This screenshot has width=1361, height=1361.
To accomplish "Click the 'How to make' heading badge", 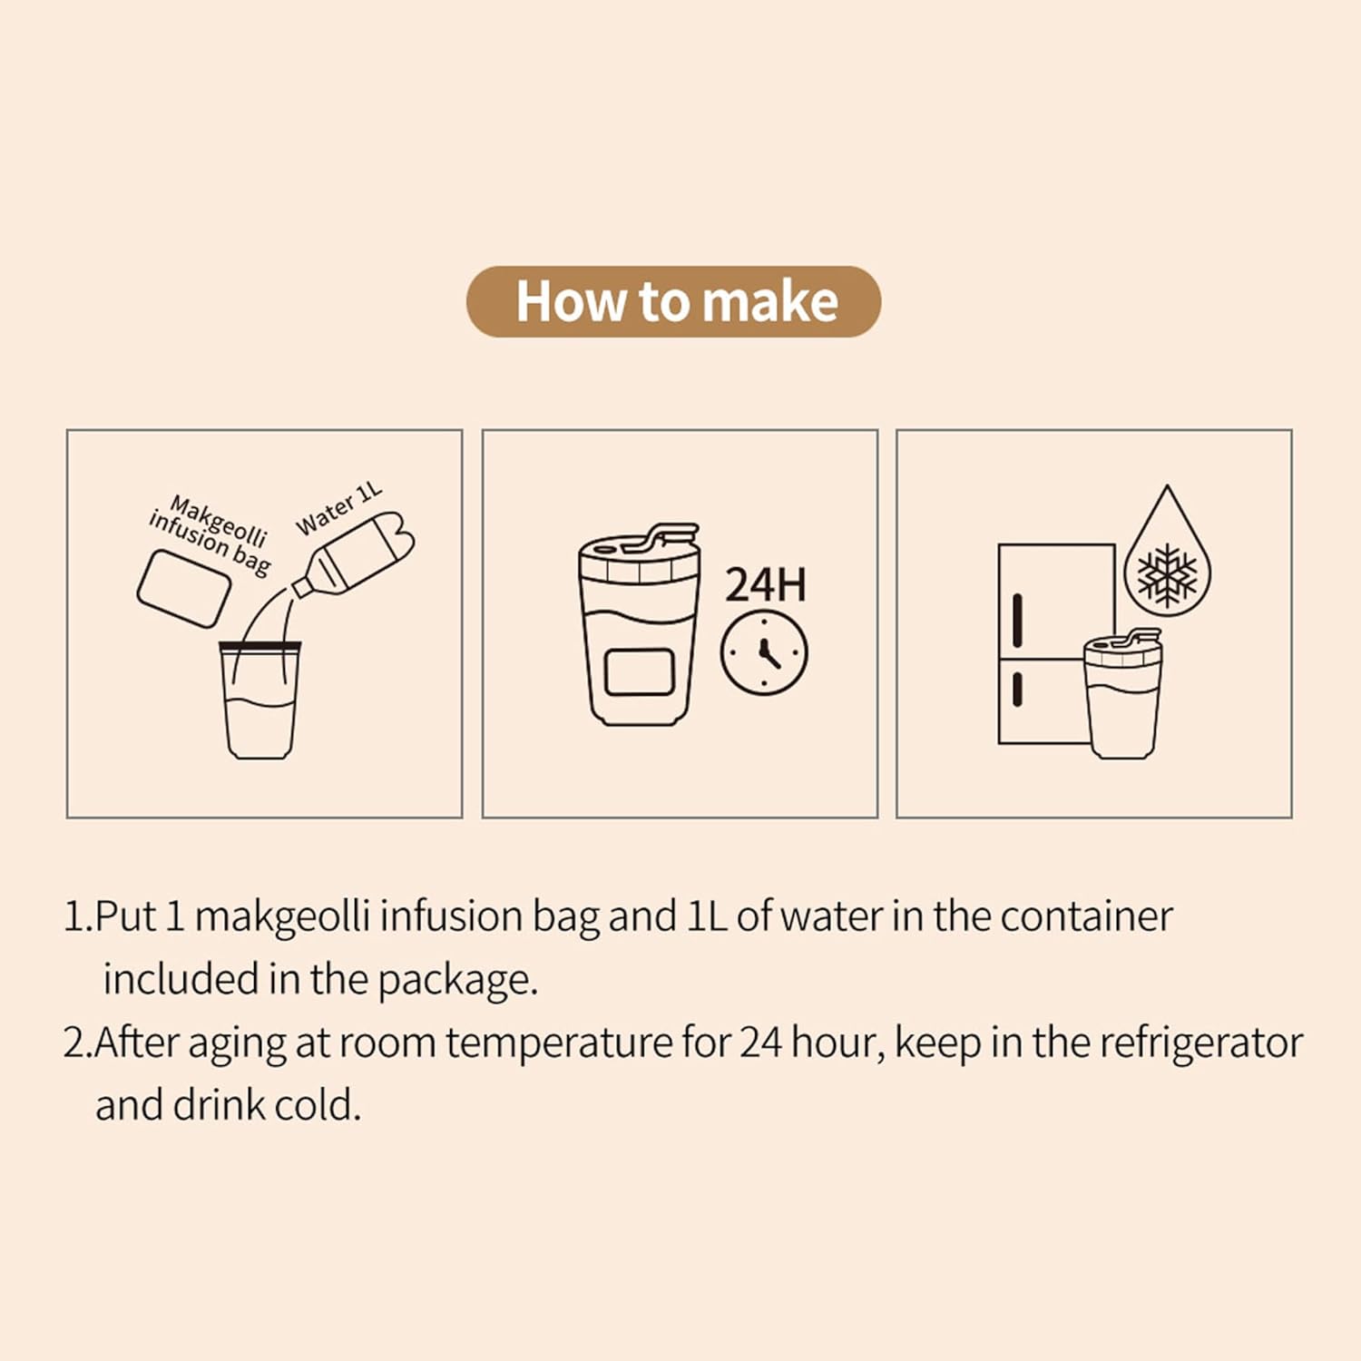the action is [673, 301].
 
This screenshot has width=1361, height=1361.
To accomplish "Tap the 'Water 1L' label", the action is [339, 509].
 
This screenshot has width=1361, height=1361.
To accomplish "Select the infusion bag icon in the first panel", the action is [183, 588].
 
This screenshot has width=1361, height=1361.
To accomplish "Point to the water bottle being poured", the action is [354, 554].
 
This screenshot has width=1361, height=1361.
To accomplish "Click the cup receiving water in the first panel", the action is [259, 700].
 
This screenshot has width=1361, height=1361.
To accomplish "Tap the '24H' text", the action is [765, 585].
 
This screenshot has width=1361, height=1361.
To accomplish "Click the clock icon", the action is [764, 653].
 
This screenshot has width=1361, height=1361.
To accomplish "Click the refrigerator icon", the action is [1055, 644].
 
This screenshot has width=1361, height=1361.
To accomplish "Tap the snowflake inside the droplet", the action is [1167, 575].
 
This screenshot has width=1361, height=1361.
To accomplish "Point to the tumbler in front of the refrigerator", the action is [1123, 693].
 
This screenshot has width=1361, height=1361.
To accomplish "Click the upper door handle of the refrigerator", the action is [1018, 621].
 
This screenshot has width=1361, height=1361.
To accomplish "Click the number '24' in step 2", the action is [760, 1043].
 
